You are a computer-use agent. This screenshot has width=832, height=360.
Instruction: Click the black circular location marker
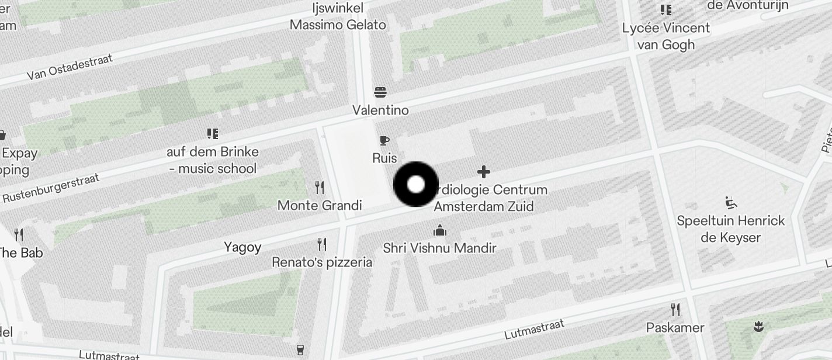(x=415, y=185)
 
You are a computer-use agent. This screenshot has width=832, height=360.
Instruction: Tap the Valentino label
(x=380, y=110)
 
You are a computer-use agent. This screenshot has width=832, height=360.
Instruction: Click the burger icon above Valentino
(x=380, y=92)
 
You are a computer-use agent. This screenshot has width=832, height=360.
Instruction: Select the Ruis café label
(x=384, y=158)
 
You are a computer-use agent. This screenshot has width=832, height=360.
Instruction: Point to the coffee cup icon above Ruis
(x=384, y=140)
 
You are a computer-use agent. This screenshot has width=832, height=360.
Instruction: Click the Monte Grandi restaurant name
(x=320, y=206)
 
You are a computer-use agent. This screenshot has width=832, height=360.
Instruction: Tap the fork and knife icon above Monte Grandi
(x=320, y=188)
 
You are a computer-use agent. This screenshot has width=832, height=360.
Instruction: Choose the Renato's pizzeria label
(x=322, y=262)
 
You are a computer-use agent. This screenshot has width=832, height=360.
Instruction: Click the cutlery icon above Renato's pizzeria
(x=322, y=244)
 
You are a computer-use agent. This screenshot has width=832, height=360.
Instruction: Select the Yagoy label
(x=242, y=247)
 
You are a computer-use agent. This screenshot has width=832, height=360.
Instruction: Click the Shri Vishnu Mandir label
(x=439, y=248)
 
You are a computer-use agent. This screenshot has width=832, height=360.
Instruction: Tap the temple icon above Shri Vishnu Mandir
(x=440, y=230)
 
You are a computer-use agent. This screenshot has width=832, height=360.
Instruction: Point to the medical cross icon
(x=483, y=172)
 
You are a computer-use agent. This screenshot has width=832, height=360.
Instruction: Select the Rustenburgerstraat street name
(x=51, y=188)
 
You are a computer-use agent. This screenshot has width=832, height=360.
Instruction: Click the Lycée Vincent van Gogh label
(x=666, y=36)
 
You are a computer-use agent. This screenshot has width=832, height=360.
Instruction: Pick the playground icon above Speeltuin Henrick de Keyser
(x=730, y=203)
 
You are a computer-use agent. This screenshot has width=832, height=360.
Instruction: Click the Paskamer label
(x=675, y=328)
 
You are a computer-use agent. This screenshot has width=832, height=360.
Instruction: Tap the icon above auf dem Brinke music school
(x=213, y=134)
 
